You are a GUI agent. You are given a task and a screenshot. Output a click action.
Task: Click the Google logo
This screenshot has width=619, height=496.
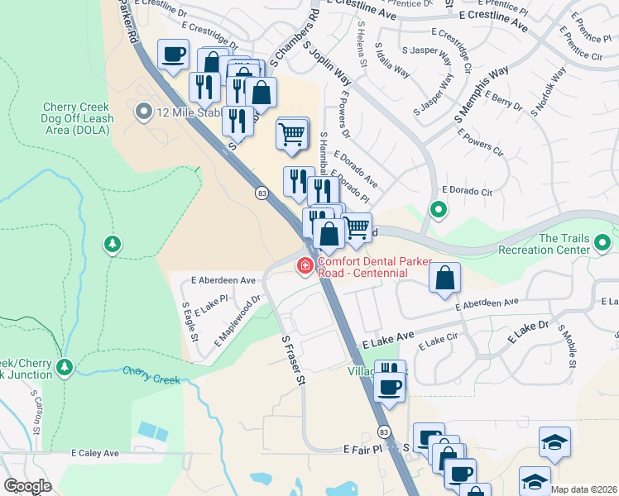27,486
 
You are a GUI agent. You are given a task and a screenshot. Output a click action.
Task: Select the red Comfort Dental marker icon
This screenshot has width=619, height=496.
305,265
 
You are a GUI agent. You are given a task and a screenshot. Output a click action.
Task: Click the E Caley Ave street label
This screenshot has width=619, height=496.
95,453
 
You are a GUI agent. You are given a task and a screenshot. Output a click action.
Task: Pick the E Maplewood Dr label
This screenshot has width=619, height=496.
238,321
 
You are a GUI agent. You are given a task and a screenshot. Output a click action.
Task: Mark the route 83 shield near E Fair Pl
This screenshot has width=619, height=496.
383,432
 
